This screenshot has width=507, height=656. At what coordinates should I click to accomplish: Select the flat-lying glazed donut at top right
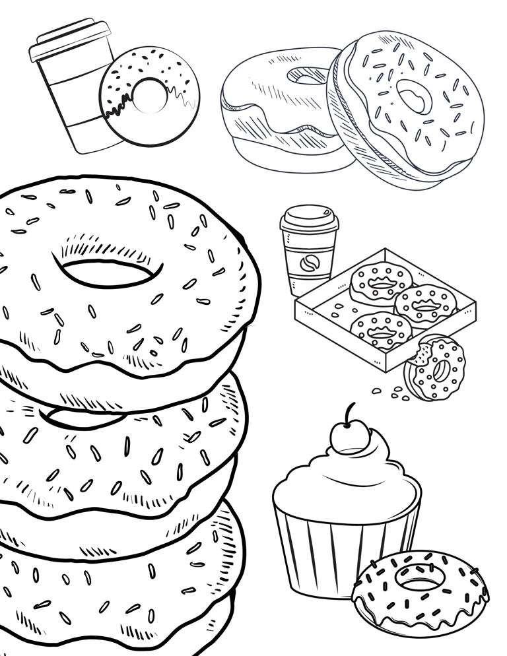coord(277,112)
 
